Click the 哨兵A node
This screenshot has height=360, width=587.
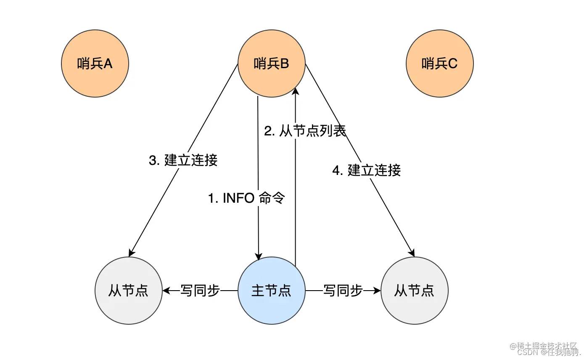coord(95,64)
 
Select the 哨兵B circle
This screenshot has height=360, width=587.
coord(272,64)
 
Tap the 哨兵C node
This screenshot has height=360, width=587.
coord(440,64)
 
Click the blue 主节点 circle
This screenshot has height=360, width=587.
coord(272,291)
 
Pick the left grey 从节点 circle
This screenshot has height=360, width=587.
coord(129,291)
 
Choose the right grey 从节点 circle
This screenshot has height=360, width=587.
coord(415,291)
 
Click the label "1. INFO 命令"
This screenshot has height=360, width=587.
coord(247,198)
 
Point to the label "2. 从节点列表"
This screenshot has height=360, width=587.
coord(305,131)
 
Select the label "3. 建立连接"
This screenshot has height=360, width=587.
coord(183,160)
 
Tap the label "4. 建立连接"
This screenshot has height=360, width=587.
coord(366,170)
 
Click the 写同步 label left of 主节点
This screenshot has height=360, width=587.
coord(200,291)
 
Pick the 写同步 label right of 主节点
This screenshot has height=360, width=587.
coord(343,291)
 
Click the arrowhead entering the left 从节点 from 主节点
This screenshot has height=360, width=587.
coord(166,291)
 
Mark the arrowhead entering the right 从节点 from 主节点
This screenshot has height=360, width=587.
coord(377,291)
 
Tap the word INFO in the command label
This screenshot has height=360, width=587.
coord(238,198)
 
